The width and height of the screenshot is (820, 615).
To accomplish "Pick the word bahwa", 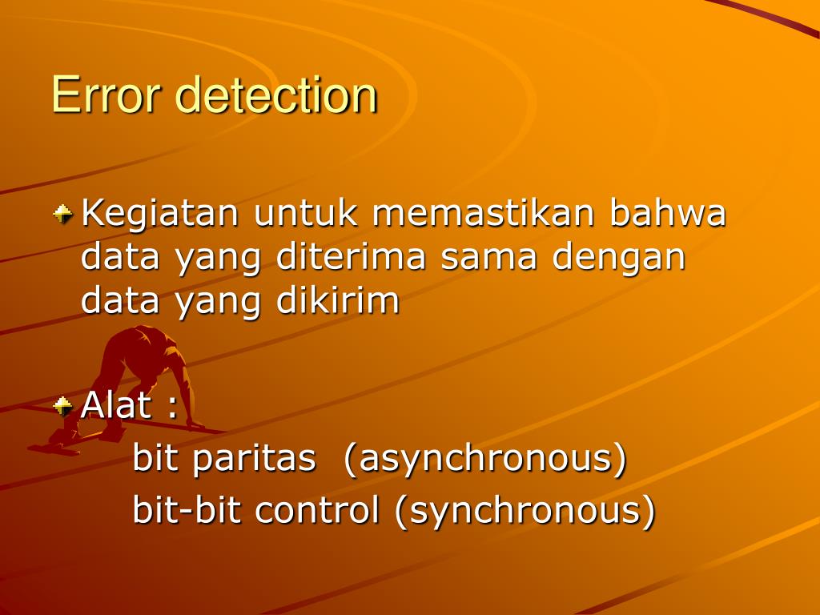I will coord(669,214).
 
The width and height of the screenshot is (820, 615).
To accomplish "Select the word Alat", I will coord(117,405).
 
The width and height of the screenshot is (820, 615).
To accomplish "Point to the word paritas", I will coord(255,459).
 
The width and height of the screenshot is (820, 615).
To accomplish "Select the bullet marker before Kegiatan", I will coord(62,214).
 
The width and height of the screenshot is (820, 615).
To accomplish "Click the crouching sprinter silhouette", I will coord(136,376).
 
